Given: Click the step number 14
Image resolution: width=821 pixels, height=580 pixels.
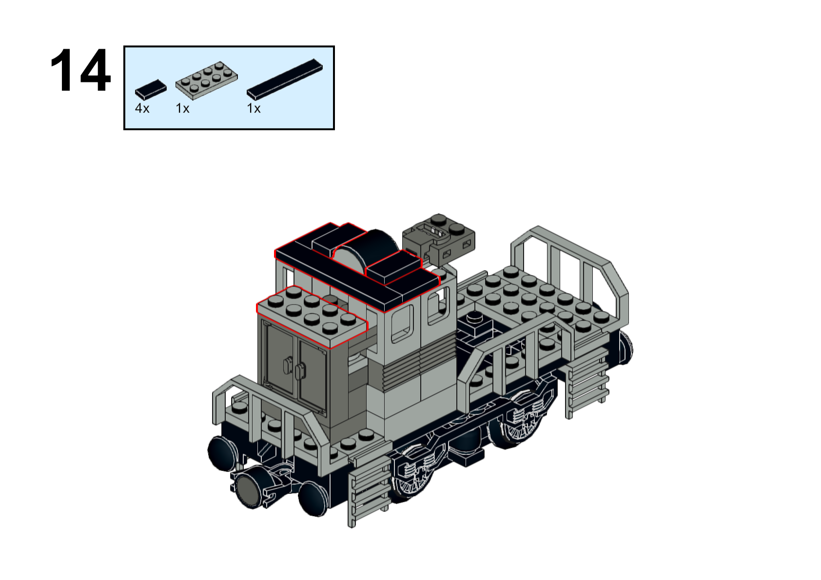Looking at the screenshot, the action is pos(80,70).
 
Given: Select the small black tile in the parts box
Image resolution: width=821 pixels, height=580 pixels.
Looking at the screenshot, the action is pos(151,89).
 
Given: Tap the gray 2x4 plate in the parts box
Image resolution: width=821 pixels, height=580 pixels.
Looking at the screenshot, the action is pos(206,80).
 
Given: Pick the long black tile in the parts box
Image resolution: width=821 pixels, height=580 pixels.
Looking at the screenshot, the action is pos(284,79).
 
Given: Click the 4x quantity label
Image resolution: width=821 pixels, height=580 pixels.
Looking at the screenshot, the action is pos(142,109).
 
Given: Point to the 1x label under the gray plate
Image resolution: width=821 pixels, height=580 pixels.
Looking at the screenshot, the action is pos(182,109).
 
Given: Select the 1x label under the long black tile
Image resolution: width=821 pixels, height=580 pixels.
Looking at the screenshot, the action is pos(254,109).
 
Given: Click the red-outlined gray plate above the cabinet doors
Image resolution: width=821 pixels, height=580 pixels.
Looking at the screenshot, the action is pos(312,317).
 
